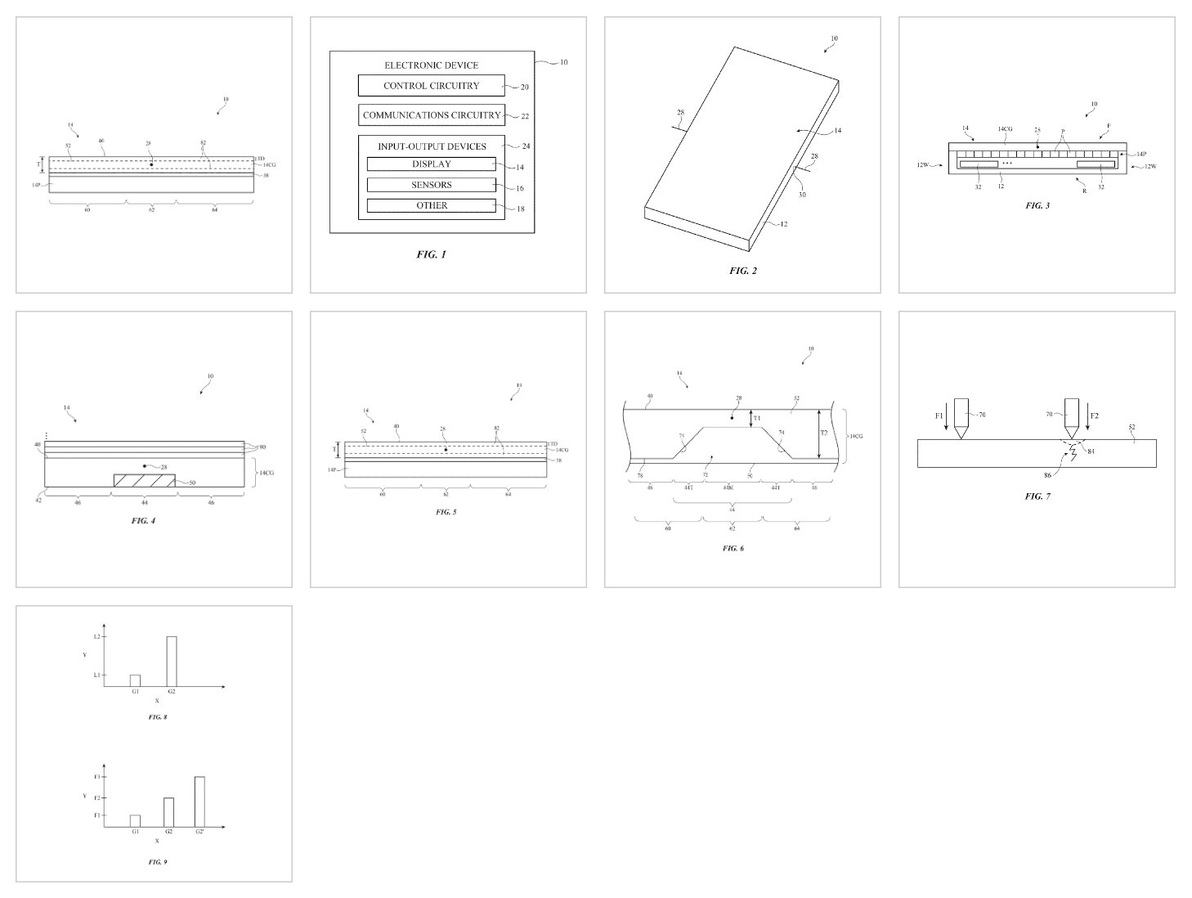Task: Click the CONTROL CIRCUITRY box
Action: (x=431, y=86)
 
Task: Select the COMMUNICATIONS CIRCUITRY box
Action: (x=431, y=115)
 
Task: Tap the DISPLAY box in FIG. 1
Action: (x=431, y=164)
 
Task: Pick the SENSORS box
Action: (x=431, y=185)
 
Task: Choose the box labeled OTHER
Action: (x=431, y=205)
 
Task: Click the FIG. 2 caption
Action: (x=742, y=271)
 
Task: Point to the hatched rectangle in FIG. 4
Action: (x=144, y=481)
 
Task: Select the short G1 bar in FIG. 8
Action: (x=135, y=680)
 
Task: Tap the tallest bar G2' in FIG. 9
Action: (x=199, y=801)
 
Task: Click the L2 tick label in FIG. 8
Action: (x=96, y=637)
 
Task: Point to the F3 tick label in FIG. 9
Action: (x=96, y=776)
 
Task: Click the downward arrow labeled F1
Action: (x=948, y=416)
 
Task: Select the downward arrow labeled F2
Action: (x=1087, y=416)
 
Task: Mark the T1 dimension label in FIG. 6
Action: (x=756, y=418)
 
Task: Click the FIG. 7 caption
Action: (x=1037, y=496)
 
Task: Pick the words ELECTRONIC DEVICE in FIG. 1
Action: (x=431, y=65)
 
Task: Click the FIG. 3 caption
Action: (x=1037, y=205)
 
